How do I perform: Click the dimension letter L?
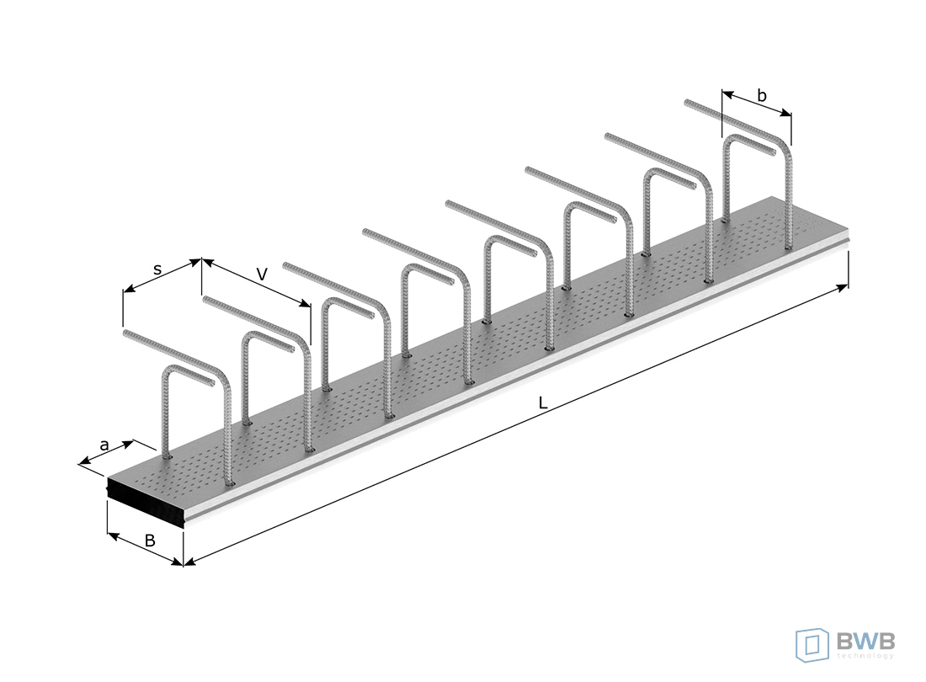click(x=543, y=403)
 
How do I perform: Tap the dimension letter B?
click(x=150, y=541)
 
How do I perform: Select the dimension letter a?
click(x=104, y=445)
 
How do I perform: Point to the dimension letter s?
click(x=157, y=269)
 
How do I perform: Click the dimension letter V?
click(x=262, y=274)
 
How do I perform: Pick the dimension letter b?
click(x=762, y=95)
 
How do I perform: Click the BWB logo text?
click(x=865, y=640)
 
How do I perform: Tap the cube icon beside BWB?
click(x=813, y=645)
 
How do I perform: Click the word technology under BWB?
click(x=865, y=655)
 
